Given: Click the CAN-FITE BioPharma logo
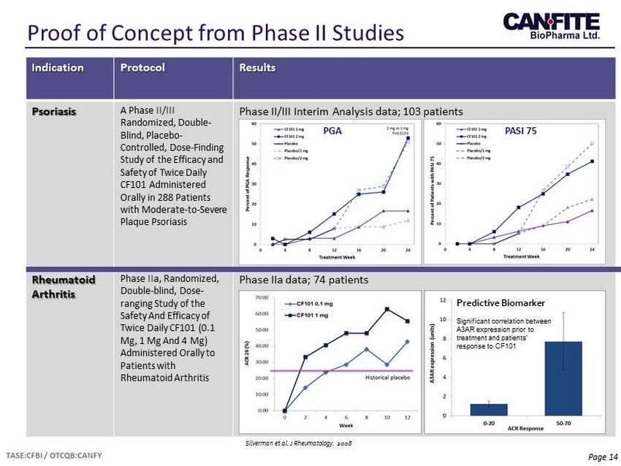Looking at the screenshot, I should (x=551, y=28).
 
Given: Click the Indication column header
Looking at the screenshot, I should (x=57, y=68).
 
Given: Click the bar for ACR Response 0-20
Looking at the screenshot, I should (x=488, y=409).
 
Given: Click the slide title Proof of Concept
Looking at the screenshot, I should (x=215, y=33).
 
